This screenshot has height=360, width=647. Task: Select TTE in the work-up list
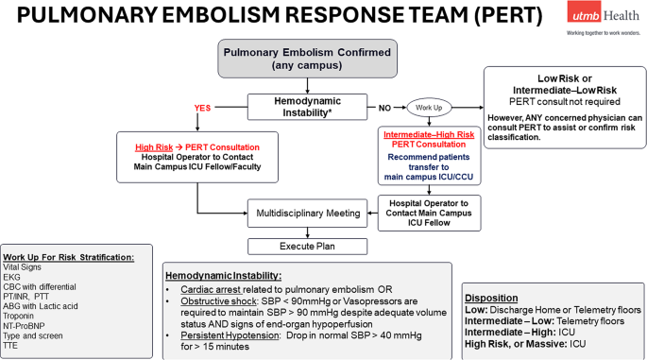12,349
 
